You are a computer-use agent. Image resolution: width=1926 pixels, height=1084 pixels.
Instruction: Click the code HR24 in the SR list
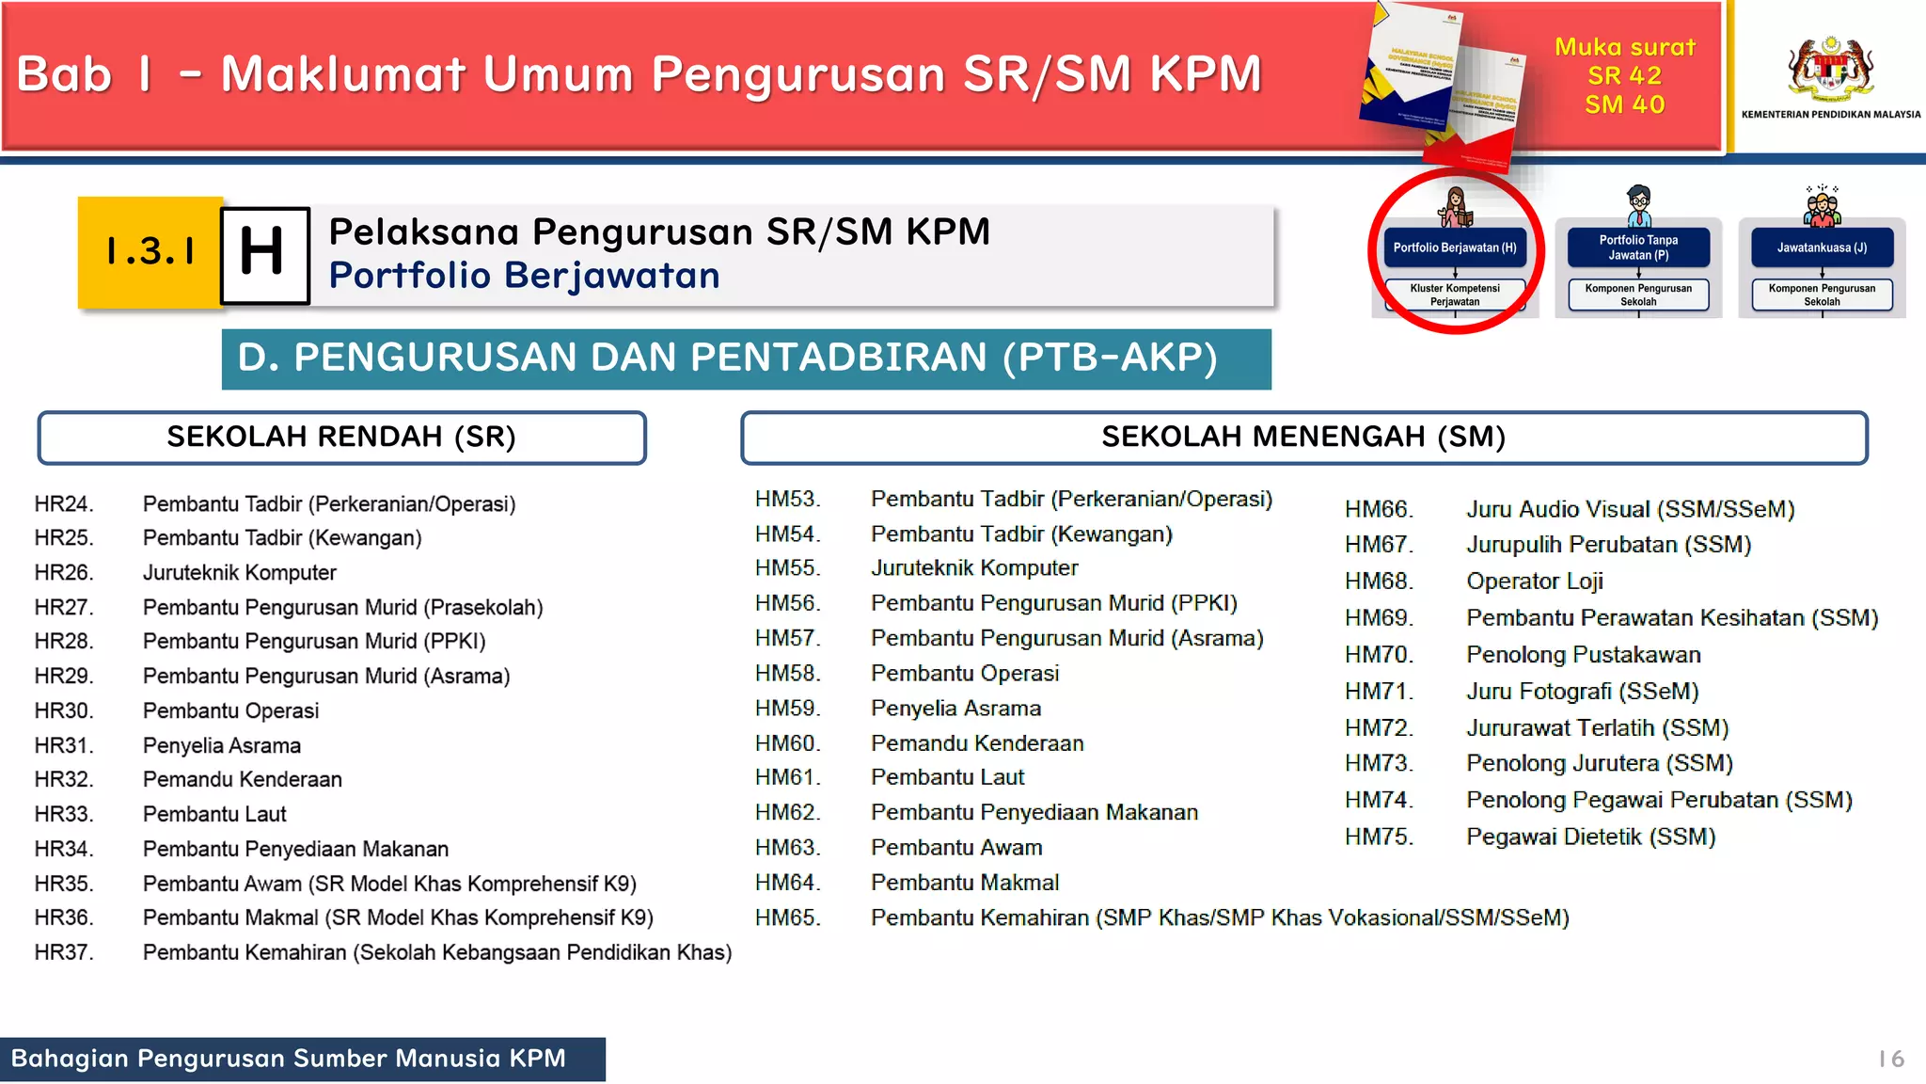pyautogui.click(x=64, y=504)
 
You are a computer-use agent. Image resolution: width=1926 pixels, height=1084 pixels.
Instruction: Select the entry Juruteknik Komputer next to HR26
pyautogui.click(x=239, y=573)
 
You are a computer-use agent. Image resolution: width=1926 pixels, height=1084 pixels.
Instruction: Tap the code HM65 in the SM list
pyautogui.click(x=787, y=917)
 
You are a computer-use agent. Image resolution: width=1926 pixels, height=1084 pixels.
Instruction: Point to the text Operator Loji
pyautogui.click(x=1534, y=582)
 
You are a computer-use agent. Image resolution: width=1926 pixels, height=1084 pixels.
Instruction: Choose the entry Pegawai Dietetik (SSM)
pyautogui.click(x=1590, y=837)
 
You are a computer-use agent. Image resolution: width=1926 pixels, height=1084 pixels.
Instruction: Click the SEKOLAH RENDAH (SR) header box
pyautogui.click(x=341, y=438)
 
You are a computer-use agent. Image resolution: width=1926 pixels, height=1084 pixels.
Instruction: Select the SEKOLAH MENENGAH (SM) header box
pyautogui.click(x=1303, y=438)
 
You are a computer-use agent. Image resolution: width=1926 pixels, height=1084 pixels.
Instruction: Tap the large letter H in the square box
pyautogui.click(x=264, y=254)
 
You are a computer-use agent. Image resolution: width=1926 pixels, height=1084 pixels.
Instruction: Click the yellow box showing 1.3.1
pyautogui.click(x=150, y=252)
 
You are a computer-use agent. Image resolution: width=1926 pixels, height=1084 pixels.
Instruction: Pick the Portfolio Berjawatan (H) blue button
pyautogui.click(x=1455, y=248)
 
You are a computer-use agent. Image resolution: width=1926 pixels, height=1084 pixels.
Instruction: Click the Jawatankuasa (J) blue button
pyautogui.click(x=1822, y=248)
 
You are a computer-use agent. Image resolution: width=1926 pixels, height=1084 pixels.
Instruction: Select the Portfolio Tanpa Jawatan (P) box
pyautogui.click(x=1638, y=248)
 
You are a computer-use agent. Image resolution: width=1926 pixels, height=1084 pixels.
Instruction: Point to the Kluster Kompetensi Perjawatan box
pyautogui.click(x=1455, y=295)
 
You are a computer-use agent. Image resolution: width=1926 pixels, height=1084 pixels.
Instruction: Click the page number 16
pyautogui.click(x=1891, y=1060)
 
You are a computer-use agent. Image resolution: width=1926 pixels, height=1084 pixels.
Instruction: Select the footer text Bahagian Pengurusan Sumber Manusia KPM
pyautogui.click(x=289, y=1059)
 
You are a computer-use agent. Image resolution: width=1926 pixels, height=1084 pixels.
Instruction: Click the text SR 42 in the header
pyautogui.click(x=1624, y=76)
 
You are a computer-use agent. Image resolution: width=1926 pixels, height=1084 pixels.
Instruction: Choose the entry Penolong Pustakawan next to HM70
pyautogui.click(x=1583, y=655)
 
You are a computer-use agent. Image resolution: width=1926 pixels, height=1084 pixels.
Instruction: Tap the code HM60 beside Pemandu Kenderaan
pyautogui.click(x=787, y=743)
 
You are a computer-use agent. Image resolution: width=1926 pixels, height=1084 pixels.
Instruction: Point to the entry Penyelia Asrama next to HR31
pyautogui.click(x=222, y=746)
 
